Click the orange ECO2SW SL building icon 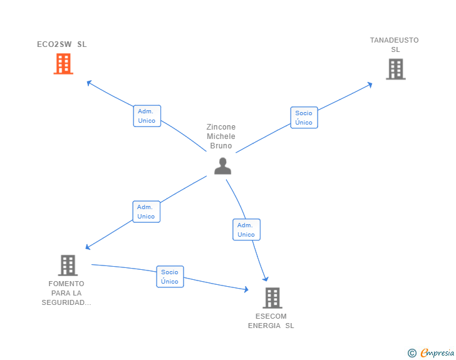pyautogui.click(x=63, y=64)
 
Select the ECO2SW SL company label pyautogui.click(x=61, y=44)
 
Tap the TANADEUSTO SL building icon pyautogui.click(x=395, y=69)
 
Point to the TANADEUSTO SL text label pyautogui.click(x=394, y=45)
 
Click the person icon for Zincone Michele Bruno pyautogui.click(x=222, y=166)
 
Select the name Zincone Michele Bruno pyautogui.click(x=221, y=136)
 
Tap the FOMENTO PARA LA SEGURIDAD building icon pyautogui.click(x=68, y=265)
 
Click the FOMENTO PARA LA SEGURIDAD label pyautogui.click(x=67, y=293)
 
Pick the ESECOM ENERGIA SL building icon pyautogui.click(x=272, y=297)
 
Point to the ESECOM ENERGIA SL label pyautogui.click(x=271, y=321)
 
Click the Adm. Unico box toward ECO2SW pyautogui.click(x=147, y=116)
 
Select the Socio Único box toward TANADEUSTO pyautogui.click(x=304, y=118)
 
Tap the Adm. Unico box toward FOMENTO pyautogui.click(x=146, y=212)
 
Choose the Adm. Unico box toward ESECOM pyautogui.click(x=246, y=230)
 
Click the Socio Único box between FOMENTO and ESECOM pyautogui.click(x=170, y=277)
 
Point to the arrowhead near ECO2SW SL pyautogui.click(x=89, y=82)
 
